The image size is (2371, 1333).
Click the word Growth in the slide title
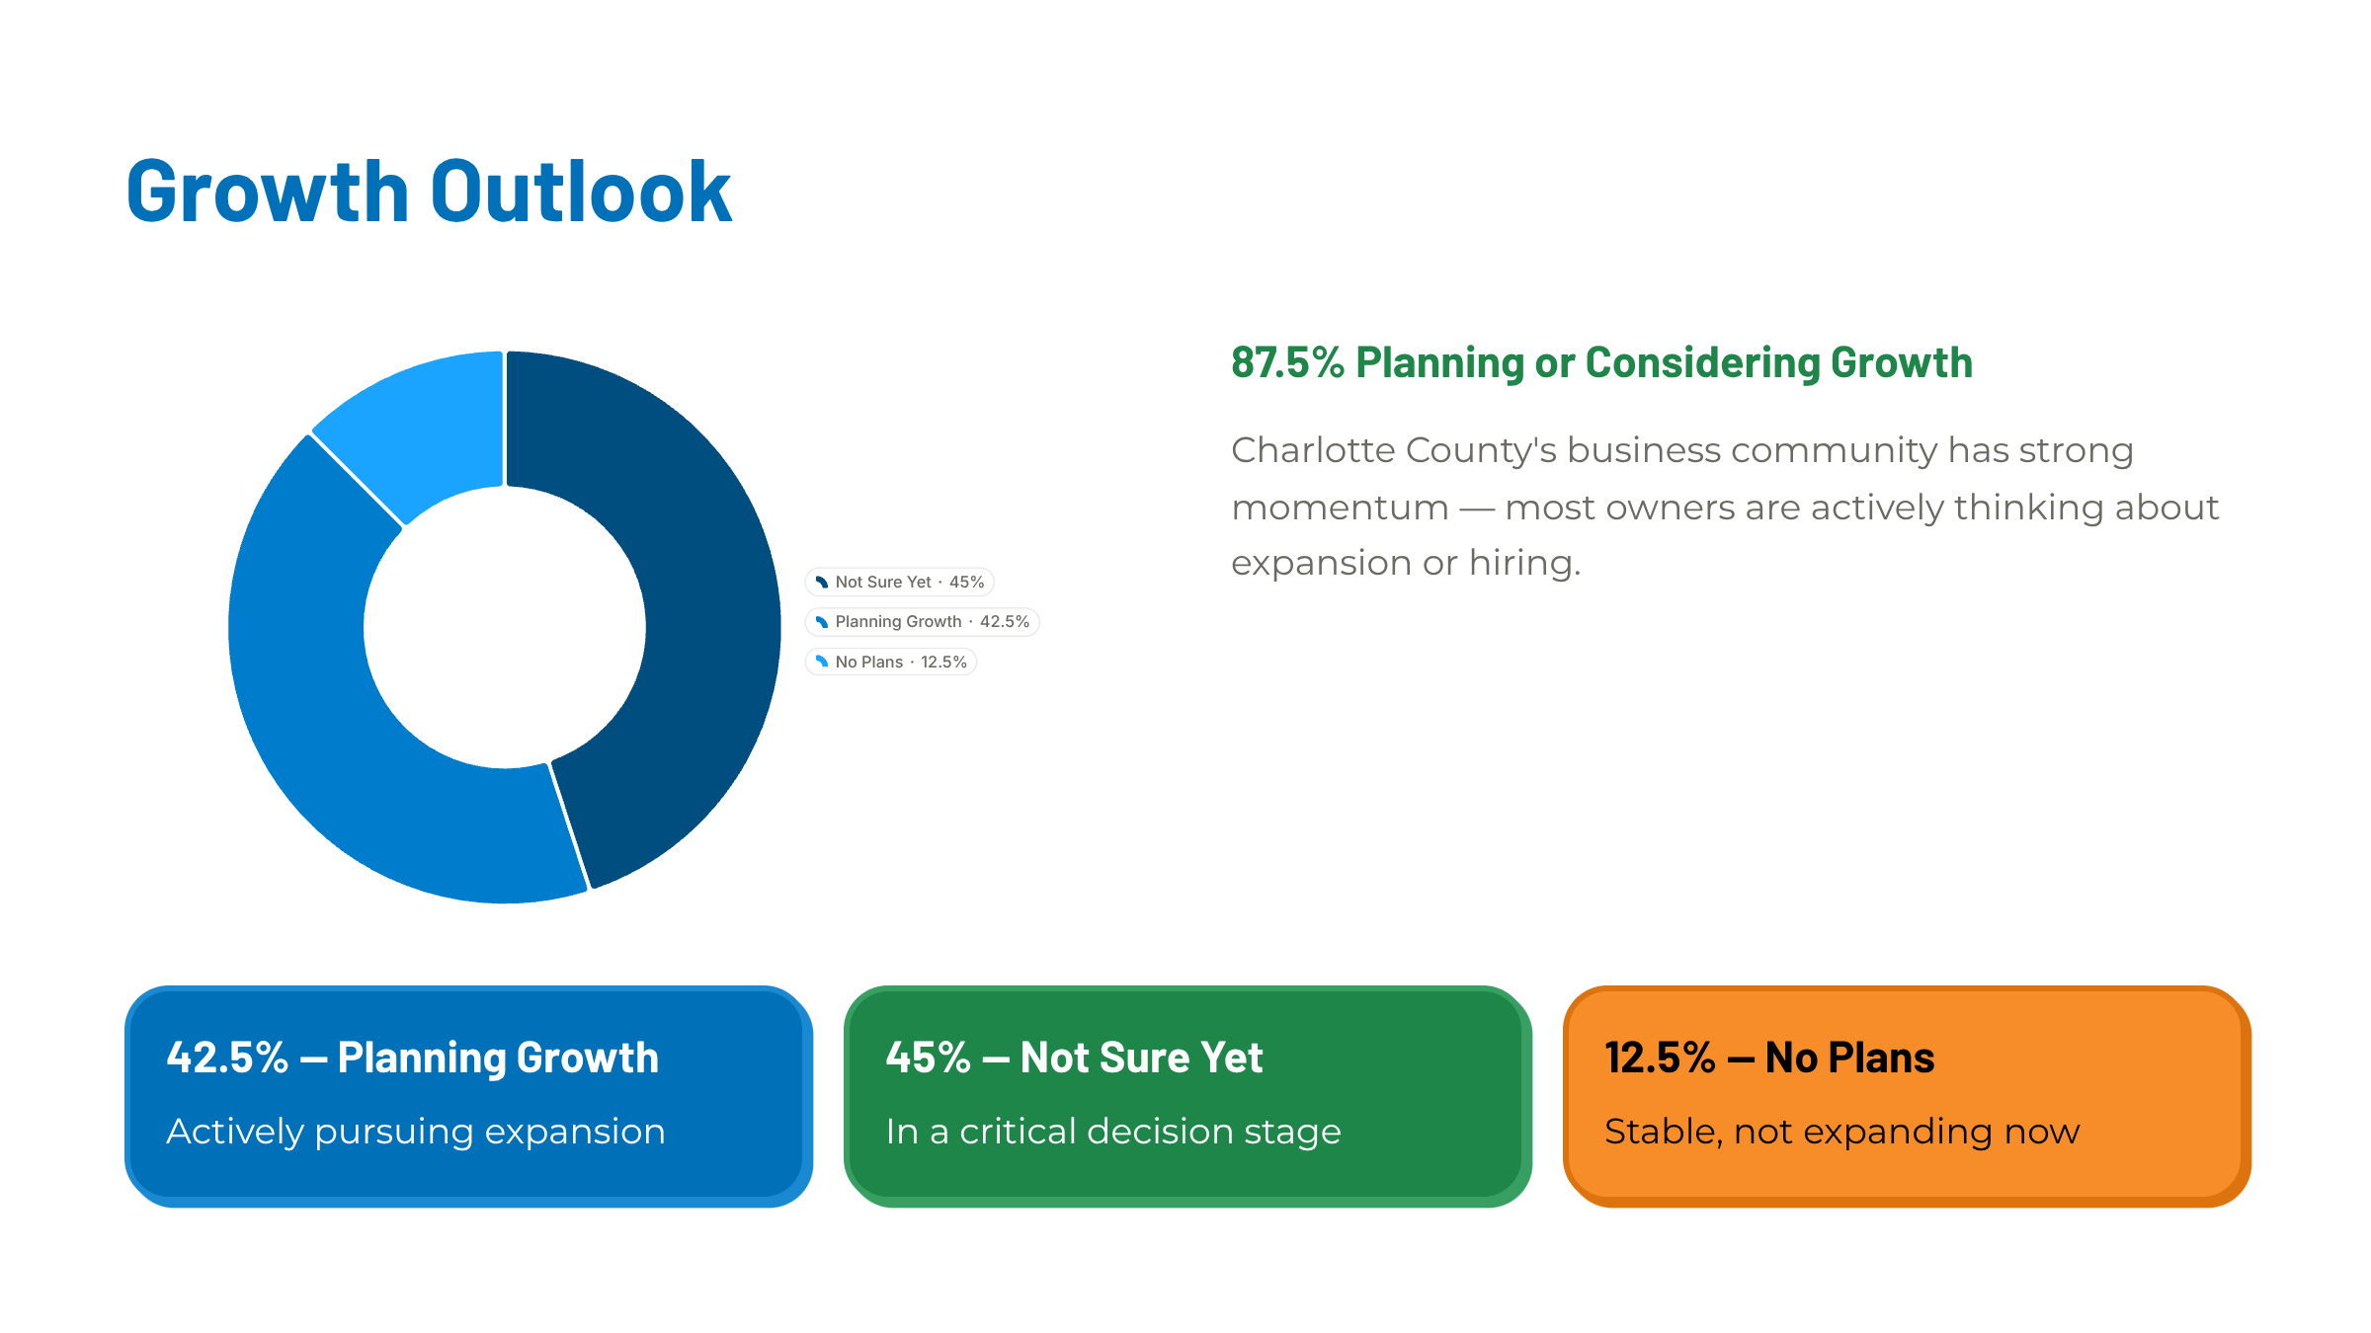[x=268, y=192]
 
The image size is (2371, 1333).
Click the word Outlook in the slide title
[x=581, y=192]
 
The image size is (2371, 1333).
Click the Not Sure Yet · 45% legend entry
[x=899, y=583]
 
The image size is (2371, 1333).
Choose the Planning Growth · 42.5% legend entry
[x=922, y=622]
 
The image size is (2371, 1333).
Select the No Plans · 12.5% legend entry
[x=891, y=662]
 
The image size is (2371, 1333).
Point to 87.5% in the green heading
[x=1287, y=362]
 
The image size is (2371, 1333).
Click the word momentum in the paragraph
[x=1340, y=509]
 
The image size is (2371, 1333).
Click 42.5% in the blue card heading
[x=227, y=1058]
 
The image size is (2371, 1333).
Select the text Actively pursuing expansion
[x=416, y=1132]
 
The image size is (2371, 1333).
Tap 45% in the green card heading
[x=928, y=1058]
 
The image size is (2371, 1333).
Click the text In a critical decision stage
[x=1113, y=1132]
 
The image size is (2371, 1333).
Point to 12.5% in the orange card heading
[x=1660, y=1058]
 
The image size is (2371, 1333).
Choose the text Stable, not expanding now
[x=1842, y=1132]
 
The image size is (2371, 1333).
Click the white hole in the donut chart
[x=505, y=627]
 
